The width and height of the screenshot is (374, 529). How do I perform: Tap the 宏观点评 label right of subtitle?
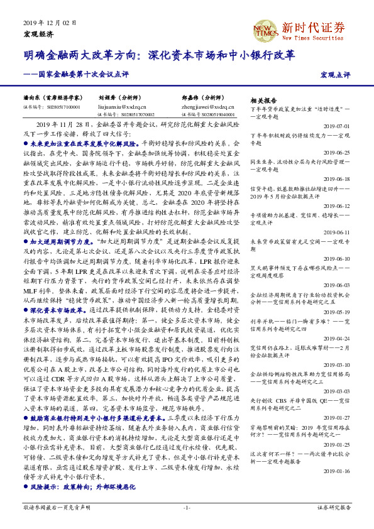pos(335,75)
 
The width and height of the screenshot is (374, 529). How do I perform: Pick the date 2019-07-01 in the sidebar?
pos(337,126)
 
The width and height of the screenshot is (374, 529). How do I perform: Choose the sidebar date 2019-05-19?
pos(337,312)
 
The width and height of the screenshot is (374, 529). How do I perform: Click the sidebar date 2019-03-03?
pos(337,391)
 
